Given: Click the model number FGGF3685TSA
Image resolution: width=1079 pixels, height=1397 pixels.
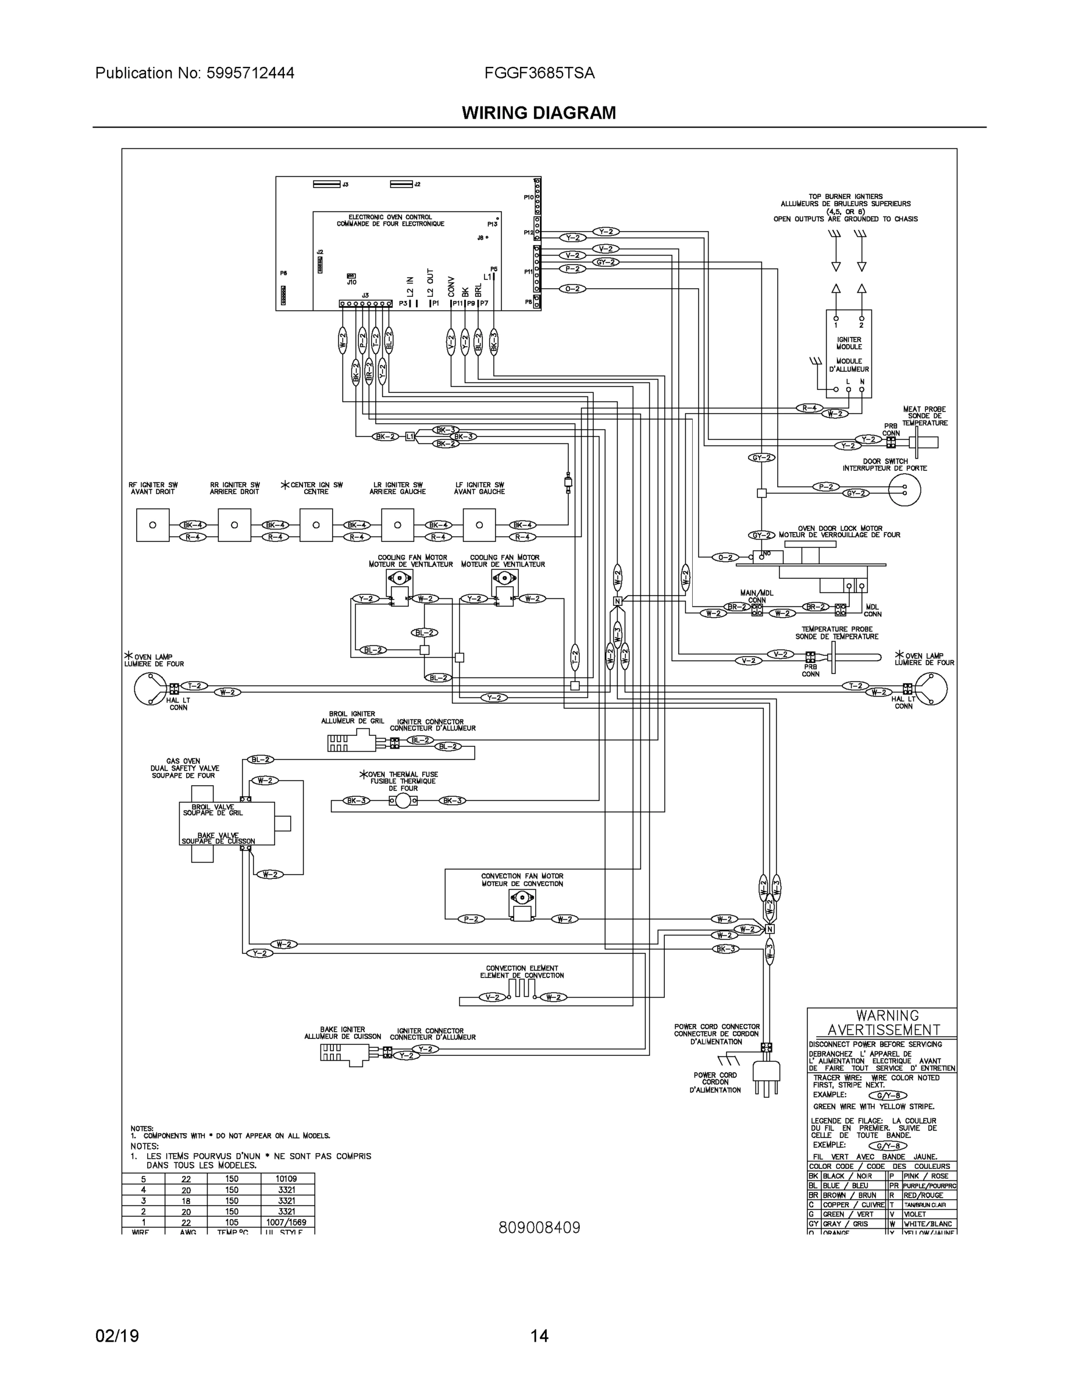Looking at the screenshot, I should tap(539, 73).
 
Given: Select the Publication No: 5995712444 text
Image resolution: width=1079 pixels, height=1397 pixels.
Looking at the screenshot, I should tap(194, 73).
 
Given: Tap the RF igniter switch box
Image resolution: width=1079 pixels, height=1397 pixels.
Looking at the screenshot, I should tap(153, 525).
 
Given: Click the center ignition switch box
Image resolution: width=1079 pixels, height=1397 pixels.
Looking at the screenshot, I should tap(316, 525).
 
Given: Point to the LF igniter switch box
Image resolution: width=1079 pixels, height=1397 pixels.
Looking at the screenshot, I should tap(479, 525).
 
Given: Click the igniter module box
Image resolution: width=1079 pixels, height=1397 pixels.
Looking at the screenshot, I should tap(848, 353).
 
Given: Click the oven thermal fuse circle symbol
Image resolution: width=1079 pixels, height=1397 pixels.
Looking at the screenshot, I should tap(403, 801).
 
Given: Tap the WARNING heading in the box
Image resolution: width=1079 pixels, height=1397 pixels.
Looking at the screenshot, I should tap(887, 1016).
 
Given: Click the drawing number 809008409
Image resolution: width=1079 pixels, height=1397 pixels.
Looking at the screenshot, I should tap(539, 1228).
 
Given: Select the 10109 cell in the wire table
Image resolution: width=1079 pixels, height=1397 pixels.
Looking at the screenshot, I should tap(286, 1178).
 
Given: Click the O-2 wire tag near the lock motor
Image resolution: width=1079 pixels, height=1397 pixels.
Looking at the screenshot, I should tap(725, 557).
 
